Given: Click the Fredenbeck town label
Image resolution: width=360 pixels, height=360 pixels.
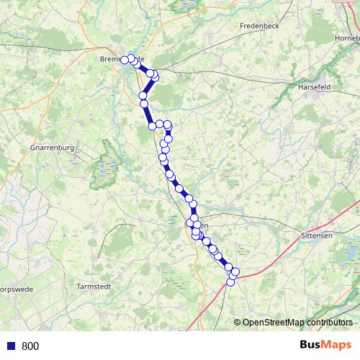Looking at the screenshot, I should [259, 25].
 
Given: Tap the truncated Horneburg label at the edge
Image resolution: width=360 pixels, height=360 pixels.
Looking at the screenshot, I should [347, 37].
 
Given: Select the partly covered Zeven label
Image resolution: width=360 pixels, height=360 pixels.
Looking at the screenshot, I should [204, 225].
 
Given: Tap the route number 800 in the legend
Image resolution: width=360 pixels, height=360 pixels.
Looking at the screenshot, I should [30, 346].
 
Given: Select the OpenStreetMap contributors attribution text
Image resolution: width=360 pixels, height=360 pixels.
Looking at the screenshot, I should [297, 323].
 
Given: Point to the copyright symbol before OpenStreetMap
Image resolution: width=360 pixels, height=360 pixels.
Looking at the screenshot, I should [237, 323].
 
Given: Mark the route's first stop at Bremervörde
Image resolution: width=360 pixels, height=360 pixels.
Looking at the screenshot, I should [125, 60].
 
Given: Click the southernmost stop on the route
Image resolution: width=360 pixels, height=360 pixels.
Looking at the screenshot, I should [231, 282].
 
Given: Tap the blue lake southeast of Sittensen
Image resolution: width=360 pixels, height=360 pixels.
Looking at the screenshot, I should [350, 253].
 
